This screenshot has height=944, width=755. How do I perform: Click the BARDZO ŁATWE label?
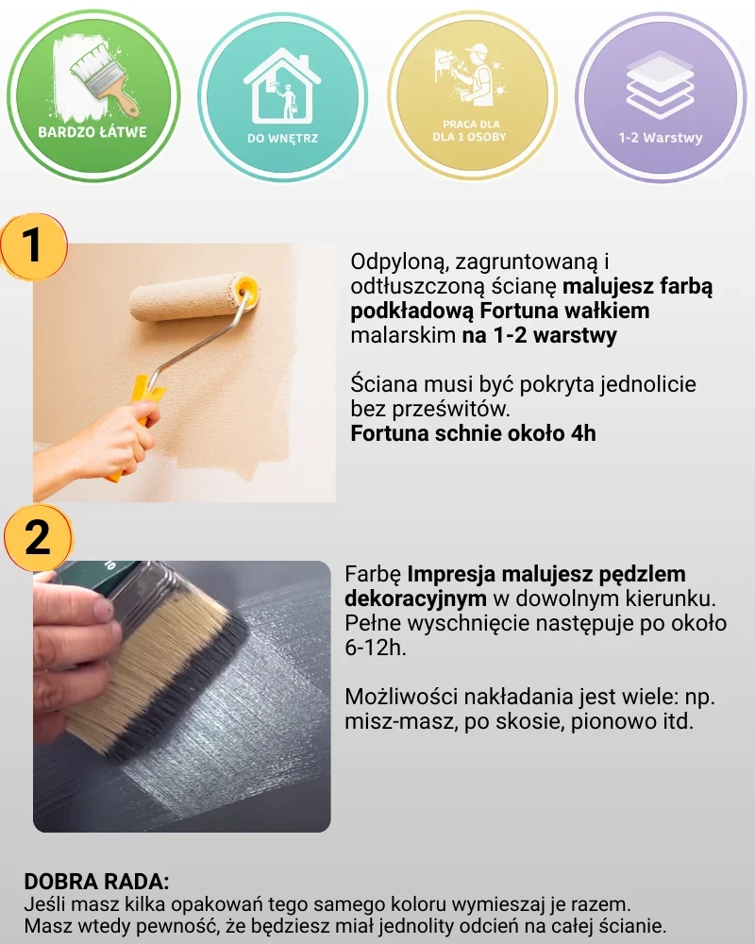pos(92,131)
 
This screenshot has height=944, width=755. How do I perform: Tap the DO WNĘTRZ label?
pos(282,138)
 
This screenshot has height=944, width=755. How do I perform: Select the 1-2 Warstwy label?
pos(661,137)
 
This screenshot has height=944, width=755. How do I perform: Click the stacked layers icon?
pos(661,84)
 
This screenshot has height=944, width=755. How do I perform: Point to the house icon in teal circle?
pos(282,86)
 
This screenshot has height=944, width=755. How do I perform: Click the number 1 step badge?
pos(33,246)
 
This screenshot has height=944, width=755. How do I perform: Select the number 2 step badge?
pos(38,537)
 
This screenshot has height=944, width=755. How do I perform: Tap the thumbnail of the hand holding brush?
pos(182,697)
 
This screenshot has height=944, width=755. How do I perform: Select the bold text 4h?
pos(583,433)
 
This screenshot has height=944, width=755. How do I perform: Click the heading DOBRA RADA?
pos(97,882)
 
